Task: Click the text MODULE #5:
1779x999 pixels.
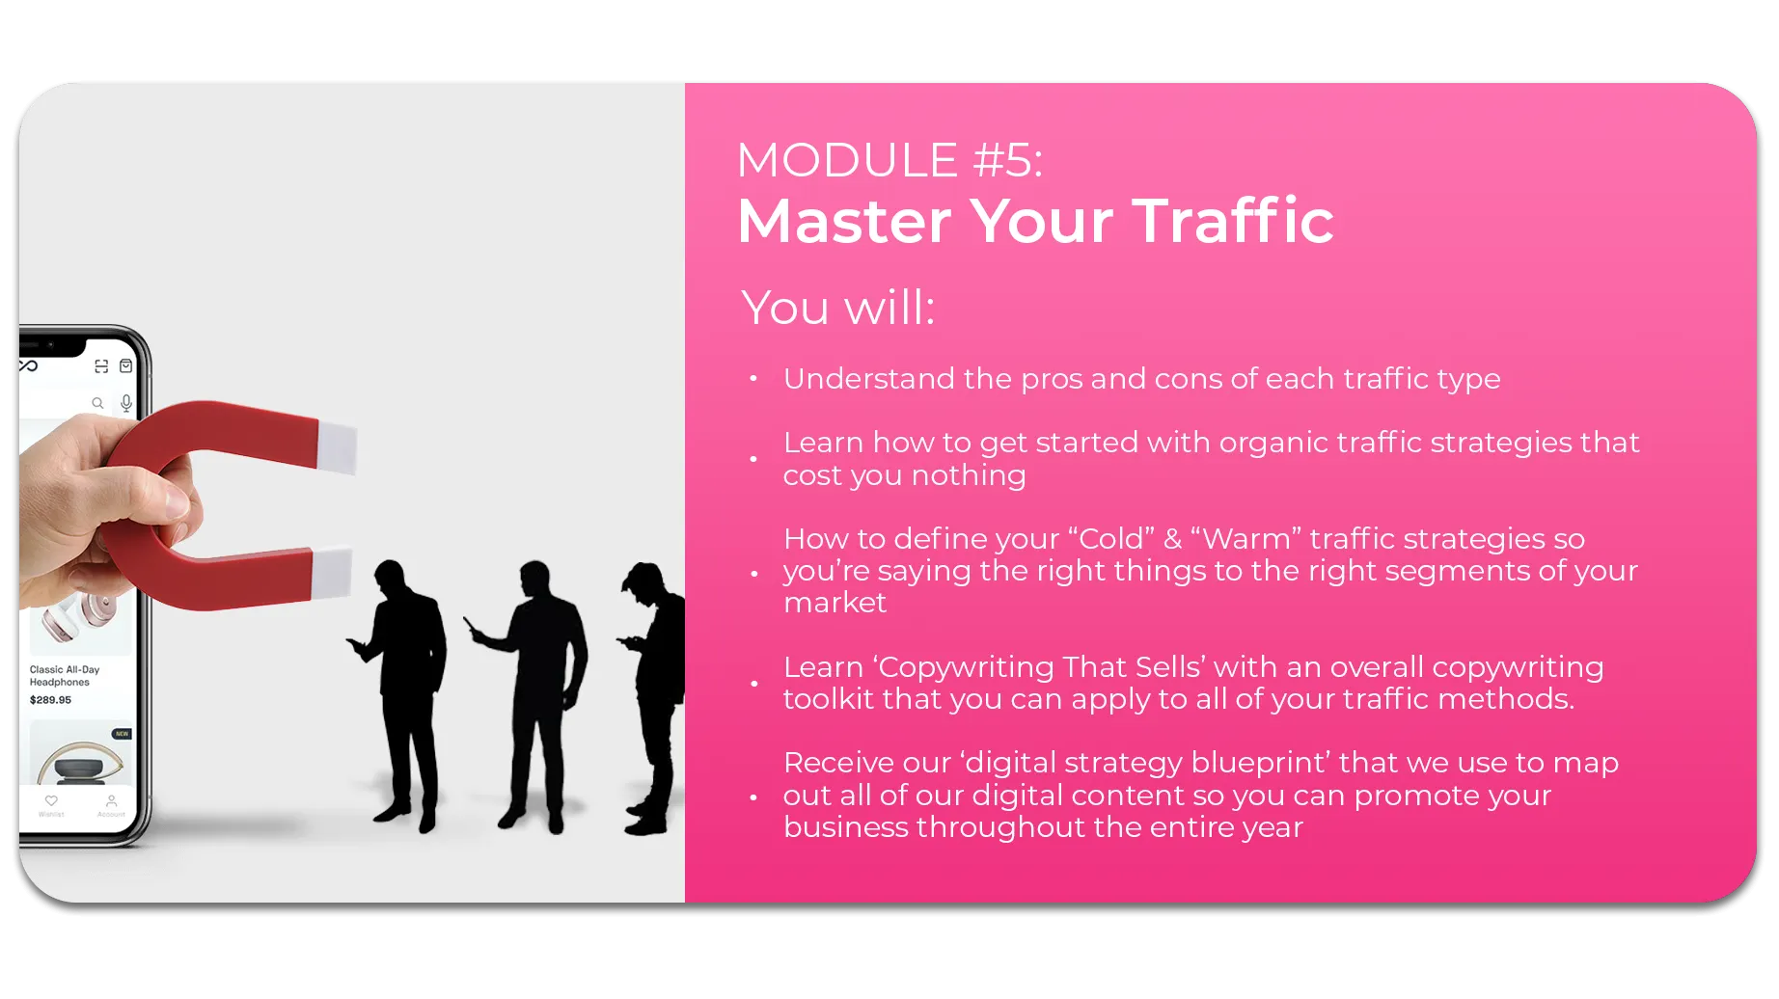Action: click(x=889, y=160)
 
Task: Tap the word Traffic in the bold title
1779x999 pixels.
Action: click(x=1233, y=220)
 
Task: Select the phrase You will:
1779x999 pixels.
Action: click(x=838, y=308)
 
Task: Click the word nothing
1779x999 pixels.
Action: click(x=969, y=475)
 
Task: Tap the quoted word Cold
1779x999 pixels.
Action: click(x=1116, y=538)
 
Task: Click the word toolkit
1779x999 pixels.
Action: click(x=829, y=698)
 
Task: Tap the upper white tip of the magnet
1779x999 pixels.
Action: click(x=337, y=447)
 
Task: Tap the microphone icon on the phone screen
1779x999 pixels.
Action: click(x=126, y=403)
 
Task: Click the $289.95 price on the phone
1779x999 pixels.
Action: click(x=50, y=700)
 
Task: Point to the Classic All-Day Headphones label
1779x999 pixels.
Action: click(x=65, y=676)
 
